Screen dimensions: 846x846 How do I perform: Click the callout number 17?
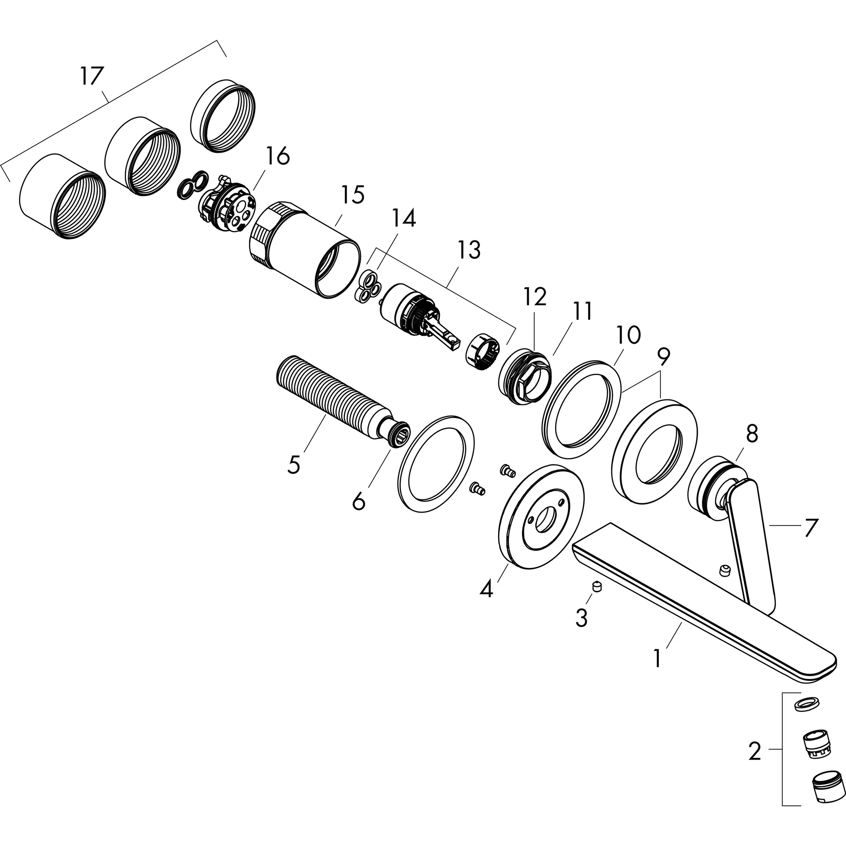point(92,76)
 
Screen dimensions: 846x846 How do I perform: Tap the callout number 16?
point(277,156)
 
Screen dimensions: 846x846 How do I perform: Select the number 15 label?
point(352,195)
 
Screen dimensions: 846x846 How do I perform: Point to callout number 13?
point(469,250)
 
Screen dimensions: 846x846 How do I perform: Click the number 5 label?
point(294,464)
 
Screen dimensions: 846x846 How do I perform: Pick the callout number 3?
point(581,618)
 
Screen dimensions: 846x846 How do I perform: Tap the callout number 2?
point(754,751)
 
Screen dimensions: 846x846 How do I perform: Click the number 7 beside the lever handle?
point(810,528)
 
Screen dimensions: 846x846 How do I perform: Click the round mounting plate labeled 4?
point(541,517)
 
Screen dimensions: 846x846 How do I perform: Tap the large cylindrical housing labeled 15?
point(307,250)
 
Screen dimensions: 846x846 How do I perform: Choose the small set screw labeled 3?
point(596,587)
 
